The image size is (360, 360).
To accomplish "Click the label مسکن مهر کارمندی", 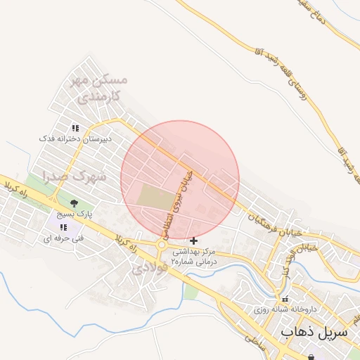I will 99,88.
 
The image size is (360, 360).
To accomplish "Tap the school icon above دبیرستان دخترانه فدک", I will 75,128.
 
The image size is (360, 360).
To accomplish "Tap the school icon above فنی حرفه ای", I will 63,227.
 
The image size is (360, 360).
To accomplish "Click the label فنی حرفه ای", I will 63,238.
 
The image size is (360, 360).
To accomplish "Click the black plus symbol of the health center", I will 194,240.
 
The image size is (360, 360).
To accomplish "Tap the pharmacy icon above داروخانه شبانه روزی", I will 284,299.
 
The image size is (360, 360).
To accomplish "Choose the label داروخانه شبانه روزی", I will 285,309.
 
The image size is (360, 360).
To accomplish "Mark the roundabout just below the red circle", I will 163,245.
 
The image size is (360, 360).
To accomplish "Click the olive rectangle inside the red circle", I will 154,196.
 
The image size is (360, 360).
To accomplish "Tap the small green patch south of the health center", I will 190,290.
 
